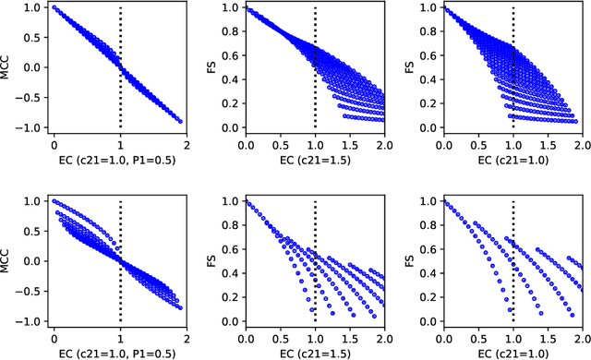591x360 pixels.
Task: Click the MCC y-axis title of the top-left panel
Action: pos(8,66)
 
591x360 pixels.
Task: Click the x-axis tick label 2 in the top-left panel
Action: pos(187,146)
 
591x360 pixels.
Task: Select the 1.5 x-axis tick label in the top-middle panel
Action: pos(350,146)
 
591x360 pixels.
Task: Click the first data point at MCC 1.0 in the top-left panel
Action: pos(54,7)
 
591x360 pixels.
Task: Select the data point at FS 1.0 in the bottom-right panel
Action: pos(444,201)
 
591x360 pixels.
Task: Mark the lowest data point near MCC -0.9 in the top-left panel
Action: pos(180,121)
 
